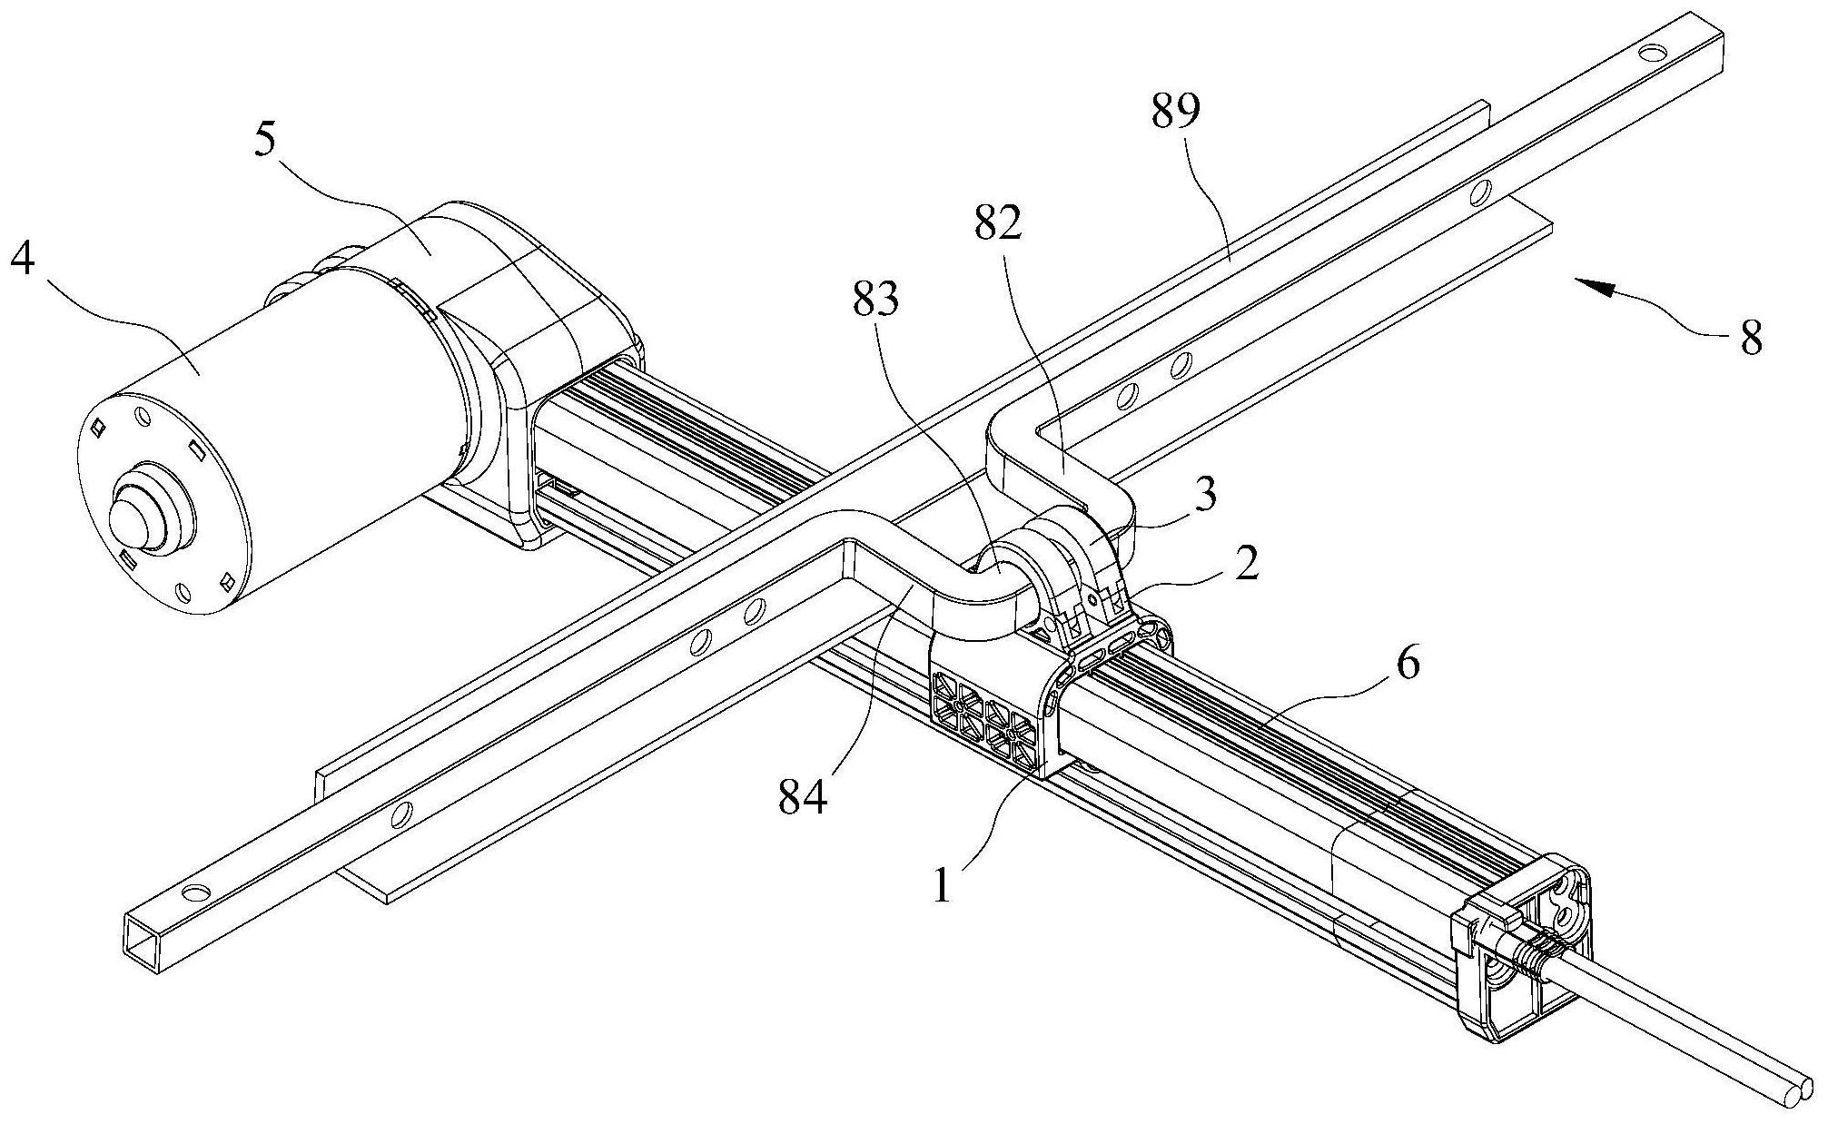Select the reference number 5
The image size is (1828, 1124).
click(x=266, y=140)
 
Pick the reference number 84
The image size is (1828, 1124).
click(x=803, y=798)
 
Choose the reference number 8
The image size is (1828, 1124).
click(x=1751, y=339)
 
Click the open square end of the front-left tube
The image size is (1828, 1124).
click(x=142, y=944)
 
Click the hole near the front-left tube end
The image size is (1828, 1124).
click(x=194, y=893)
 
